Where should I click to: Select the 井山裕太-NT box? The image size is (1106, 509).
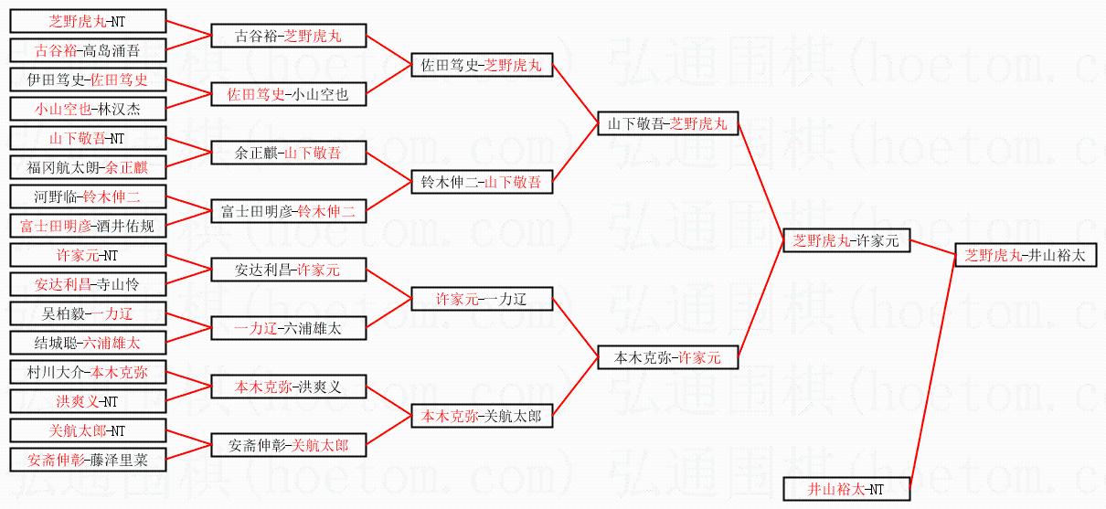click(x=845, y=489)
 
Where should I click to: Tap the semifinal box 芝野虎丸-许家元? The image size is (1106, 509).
click(x=845, y=241)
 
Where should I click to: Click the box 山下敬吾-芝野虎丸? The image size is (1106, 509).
click(x=667, y=124)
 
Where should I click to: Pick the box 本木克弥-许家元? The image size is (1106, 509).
click(x=667, y=358)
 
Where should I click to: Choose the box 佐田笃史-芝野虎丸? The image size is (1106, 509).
click(x=481, y=66)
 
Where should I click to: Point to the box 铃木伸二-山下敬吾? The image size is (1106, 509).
click(x=481, y=183)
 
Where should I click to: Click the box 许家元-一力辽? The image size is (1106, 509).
click(x=481, y=299)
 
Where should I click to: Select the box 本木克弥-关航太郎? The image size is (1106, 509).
click(x=481, y=417)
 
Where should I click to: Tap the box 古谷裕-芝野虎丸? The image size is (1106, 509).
click(x=288, y=37)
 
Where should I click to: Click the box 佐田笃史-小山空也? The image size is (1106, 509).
click(x=288, y=94)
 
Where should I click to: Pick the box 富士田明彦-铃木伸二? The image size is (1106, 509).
click(x=288, y=212)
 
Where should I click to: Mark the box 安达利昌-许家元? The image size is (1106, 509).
click(x=288, y=270)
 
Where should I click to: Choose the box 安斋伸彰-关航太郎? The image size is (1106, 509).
click(x=288, y=446)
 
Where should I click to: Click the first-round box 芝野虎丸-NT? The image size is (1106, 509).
click(x=88, y=22)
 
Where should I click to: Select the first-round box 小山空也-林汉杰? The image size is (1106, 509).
click(x=88, y=109)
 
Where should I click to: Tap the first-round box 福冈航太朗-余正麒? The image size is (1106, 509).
click(x=88, y=168)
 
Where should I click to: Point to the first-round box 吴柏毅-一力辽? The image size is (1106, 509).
click(x=88, y=314)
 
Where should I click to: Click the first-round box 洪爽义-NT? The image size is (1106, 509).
click(x=88, y=401)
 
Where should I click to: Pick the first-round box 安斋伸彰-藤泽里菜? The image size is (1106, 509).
click(x=88, y=460)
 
